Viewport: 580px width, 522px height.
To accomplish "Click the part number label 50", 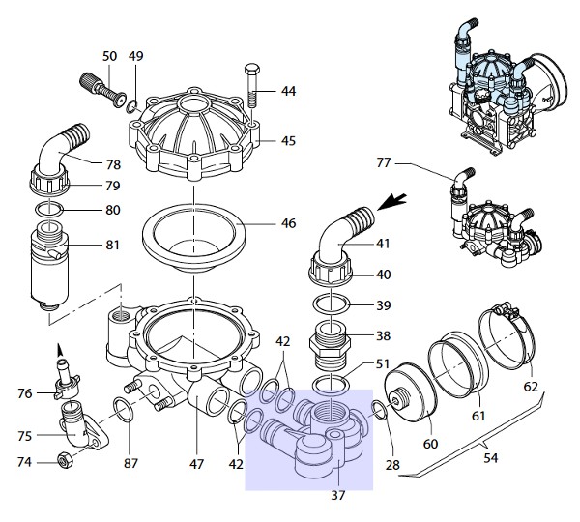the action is pos(109,56).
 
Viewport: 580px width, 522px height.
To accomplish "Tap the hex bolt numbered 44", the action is pos(252,86).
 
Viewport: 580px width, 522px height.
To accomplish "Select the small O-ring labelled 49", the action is pos(131,107).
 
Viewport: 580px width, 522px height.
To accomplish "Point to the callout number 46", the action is pos(288,223).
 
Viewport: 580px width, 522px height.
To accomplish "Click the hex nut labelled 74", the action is pos(65,460).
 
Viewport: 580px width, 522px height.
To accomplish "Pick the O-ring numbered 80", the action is pos(49,210).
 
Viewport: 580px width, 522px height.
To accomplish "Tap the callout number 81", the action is pos(112,245).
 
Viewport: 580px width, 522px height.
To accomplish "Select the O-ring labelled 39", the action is pos(331,304).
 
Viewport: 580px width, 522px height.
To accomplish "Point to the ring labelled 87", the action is pos(124,409).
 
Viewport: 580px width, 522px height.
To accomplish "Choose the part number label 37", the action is pos(337,495).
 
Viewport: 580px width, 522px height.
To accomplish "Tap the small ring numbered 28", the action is pos(380,410).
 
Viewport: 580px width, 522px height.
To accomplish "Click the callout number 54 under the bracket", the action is pos(490,458).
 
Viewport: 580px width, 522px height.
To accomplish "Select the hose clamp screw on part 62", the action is pos(505,308).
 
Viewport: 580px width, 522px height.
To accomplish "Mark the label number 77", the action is pos(384,162).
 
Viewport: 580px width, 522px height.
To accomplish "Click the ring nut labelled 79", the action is pos(49,179).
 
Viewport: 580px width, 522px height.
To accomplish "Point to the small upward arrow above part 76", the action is pos(59,350).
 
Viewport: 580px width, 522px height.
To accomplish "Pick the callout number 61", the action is pos(478,417).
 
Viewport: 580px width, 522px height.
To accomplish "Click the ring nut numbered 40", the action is pos(331,268).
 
